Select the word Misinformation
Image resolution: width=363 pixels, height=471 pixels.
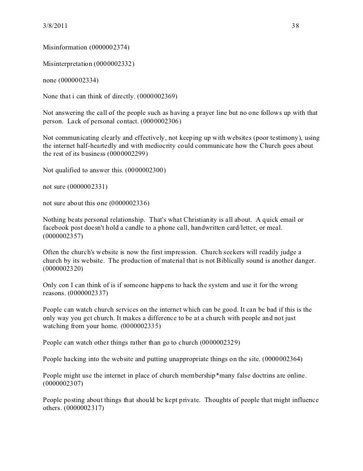tap(65, 48)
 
